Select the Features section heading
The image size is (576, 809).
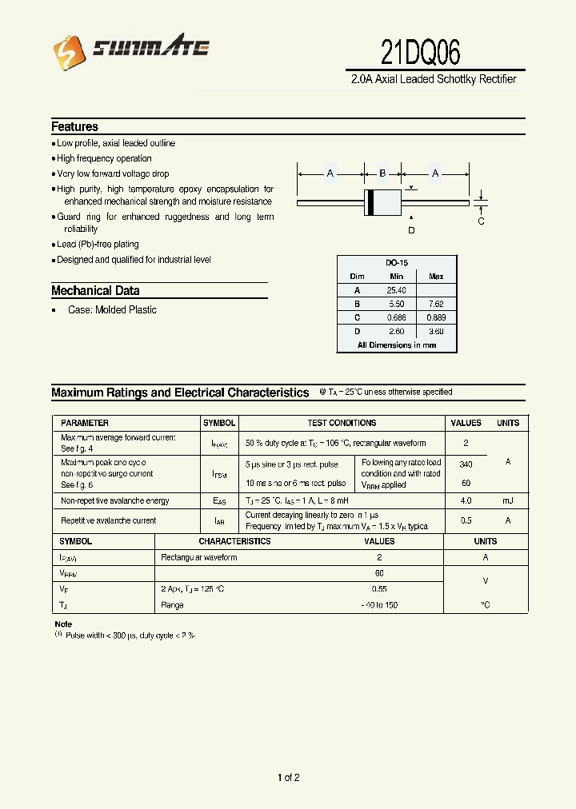(x=74, y=126)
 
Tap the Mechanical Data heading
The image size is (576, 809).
(x=95, y=291)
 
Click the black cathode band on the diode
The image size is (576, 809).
(x=370, y=203)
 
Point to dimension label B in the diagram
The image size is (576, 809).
(x=382, y=173)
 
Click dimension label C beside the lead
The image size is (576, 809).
(x=481, y=221)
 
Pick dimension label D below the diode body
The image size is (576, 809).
(x=411, y=230)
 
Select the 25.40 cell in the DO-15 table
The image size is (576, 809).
(x=397, y=290)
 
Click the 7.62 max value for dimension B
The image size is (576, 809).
(x=436, y=304)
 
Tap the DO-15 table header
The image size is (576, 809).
(x=397, y=263)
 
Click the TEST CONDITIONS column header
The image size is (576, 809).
(x=342, y=423)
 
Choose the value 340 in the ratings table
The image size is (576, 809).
(x=466, y=463)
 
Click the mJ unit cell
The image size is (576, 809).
(x=508, y=500)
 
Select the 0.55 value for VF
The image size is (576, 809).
(x=379, y=589)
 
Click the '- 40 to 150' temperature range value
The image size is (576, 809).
(x=379, y=605)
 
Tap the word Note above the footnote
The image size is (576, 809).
(x=63, y=624)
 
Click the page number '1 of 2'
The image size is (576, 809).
(x=288, y=777)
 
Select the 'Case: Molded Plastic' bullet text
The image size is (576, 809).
(x=112, y=310)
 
